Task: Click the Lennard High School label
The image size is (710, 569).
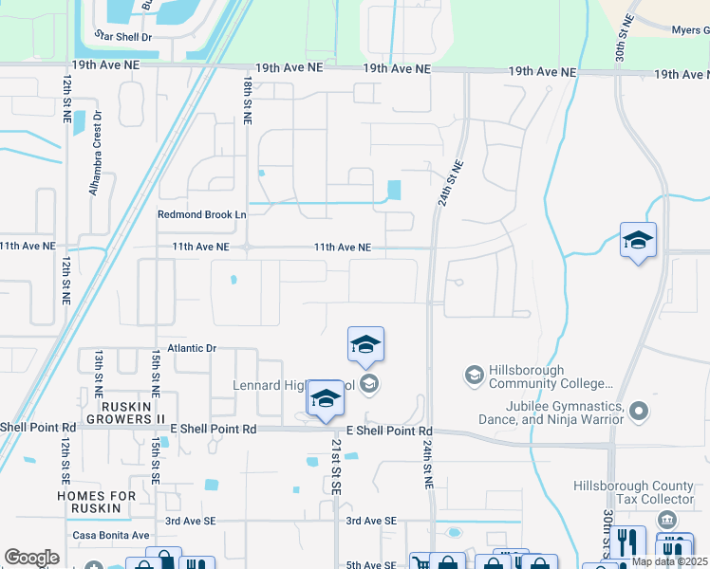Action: click(x=295, y=385)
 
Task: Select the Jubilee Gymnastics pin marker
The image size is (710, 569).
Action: click(x=639, y=412)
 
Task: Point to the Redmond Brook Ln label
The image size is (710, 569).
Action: click(x=201, y=215)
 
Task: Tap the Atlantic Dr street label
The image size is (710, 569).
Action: click(x=192, y=348)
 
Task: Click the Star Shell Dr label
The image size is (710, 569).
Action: click(x=122, y=35)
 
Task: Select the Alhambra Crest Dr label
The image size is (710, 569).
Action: click(x=95, y=157)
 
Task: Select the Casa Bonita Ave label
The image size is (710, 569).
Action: click(x=111, y=535)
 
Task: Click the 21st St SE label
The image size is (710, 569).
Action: click(x=335, y=466)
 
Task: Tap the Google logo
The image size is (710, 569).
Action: click(x=31, y=558)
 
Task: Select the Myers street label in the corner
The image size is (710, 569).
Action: click(x=690, y=30)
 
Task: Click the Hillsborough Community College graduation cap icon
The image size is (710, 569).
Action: click(x=473, y=376)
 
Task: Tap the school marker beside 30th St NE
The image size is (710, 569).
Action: click(x=638, y=241)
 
